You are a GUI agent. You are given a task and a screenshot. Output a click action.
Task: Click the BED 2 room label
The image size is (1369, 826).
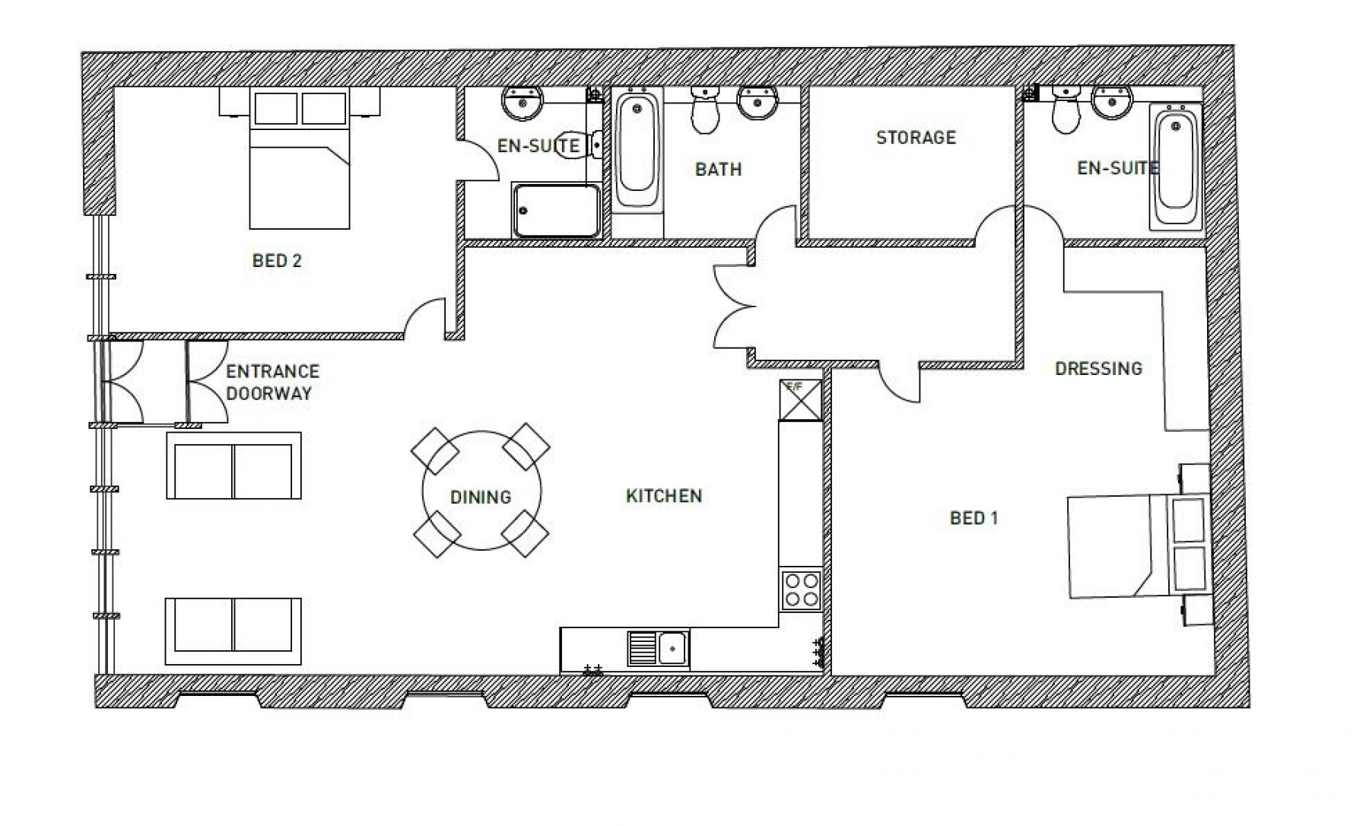pos(277,261)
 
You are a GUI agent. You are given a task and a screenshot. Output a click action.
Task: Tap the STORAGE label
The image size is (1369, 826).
pos(916,138)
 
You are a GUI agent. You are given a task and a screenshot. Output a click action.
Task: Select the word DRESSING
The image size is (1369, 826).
pos(1098,369)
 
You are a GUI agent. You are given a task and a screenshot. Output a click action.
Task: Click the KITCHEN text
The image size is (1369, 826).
pos(663,496)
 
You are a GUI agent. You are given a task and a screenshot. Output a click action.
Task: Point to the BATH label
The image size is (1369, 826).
pos(718,169)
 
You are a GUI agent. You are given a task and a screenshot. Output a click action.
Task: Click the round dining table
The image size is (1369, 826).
pos(481,491)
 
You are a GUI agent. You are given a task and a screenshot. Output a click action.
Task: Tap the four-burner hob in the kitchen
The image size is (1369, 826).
pos(801,589)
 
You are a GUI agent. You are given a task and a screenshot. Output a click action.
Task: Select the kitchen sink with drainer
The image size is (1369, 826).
pos(659,649)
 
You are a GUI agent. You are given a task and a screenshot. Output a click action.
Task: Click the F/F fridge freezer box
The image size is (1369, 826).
pos(801,400)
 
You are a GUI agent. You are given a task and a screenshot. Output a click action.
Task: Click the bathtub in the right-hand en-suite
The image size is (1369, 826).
pos(1175,167)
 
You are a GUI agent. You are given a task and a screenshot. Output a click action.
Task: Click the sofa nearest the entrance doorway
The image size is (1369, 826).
pos(233,465)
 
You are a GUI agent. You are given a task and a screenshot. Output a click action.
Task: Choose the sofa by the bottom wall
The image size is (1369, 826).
pos(233,631)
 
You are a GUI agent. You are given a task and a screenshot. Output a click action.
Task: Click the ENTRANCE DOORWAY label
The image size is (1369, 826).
pos(271,383)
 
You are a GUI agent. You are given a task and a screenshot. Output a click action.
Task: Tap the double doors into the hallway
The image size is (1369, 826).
pos(734,305)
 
